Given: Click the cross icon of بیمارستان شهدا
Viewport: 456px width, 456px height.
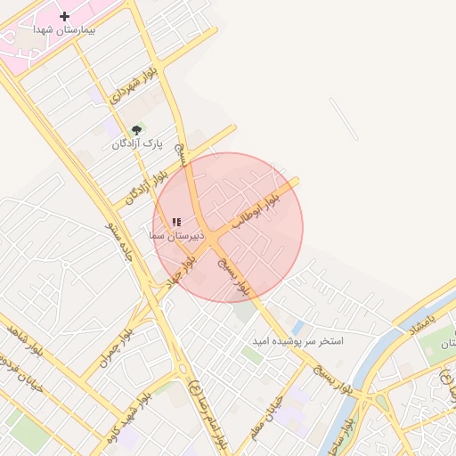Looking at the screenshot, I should pyautogui.click(x=64, y=16).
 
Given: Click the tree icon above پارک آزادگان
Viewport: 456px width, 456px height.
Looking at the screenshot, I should pyautogui.click(x=136, y=130).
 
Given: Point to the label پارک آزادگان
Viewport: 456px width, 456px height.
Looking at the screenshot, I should pyautogui.click(x=138, y=143).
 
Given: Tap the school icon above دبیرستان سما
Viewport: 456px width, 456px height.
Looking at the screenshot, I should pyautogui.click(x=175, y=222).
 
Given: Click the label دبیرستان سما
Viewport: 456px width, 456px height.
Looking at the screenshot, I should pyautogui.click(x=177, y=236).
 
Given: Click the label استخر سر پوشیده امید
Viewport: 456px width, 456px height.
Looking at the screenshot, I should pyautogui.click(x=298, y=341).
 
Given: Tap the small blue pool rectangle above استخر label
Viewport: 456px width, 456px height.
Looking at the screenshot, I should pyautogui.click(x=297, y=327).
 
